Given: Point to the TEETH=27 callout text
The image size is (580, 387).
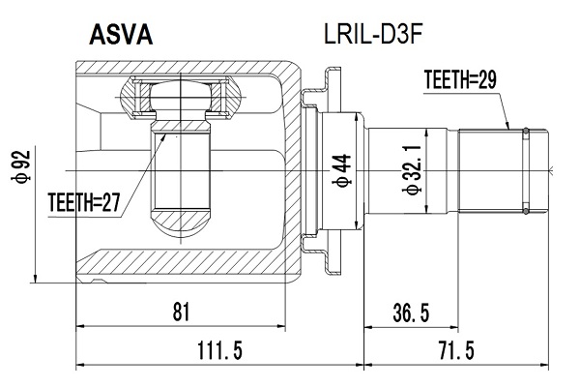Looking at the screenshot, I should (83, 204).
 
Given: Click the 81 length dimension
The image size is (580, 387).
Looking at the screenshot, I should (180, 312).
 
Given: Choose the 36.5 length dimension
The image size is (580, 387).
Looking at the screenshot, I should (411, 312).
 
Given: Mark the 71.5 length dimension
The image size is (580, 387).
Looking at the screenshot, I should (454, 350).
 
